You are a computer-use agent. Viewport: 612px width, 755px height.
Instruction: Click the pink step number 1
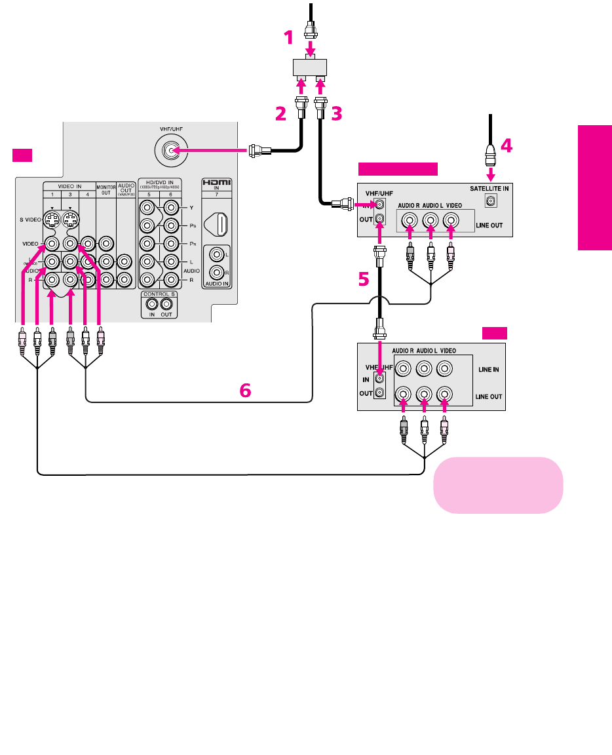(x=288, y=39)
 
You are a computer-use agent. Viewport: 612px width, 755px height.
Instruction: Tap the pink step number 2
(x=280, y=114)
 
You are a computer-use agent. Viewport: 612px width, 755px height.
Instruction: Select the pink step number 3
(x=336, y=114)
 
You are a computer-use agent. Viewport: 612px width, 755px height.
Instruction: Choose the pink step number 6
(x=244, y=391)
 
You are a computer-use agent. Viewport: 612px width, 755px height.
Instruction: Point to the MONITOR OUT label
(x=105, y=190)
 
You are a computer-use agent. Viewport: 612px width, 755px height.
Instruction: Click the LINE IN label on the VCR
(x=487, y=370)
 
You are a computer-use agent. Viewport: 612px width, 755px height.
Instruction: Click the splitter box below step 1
(x=311, y=66)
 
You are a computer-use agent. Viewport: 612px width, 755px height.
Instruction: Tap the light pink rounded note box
(x=497, y=485)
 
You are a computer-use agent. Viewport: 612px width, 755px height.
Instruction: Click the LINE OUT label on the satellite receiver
(x=488, y=225)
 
